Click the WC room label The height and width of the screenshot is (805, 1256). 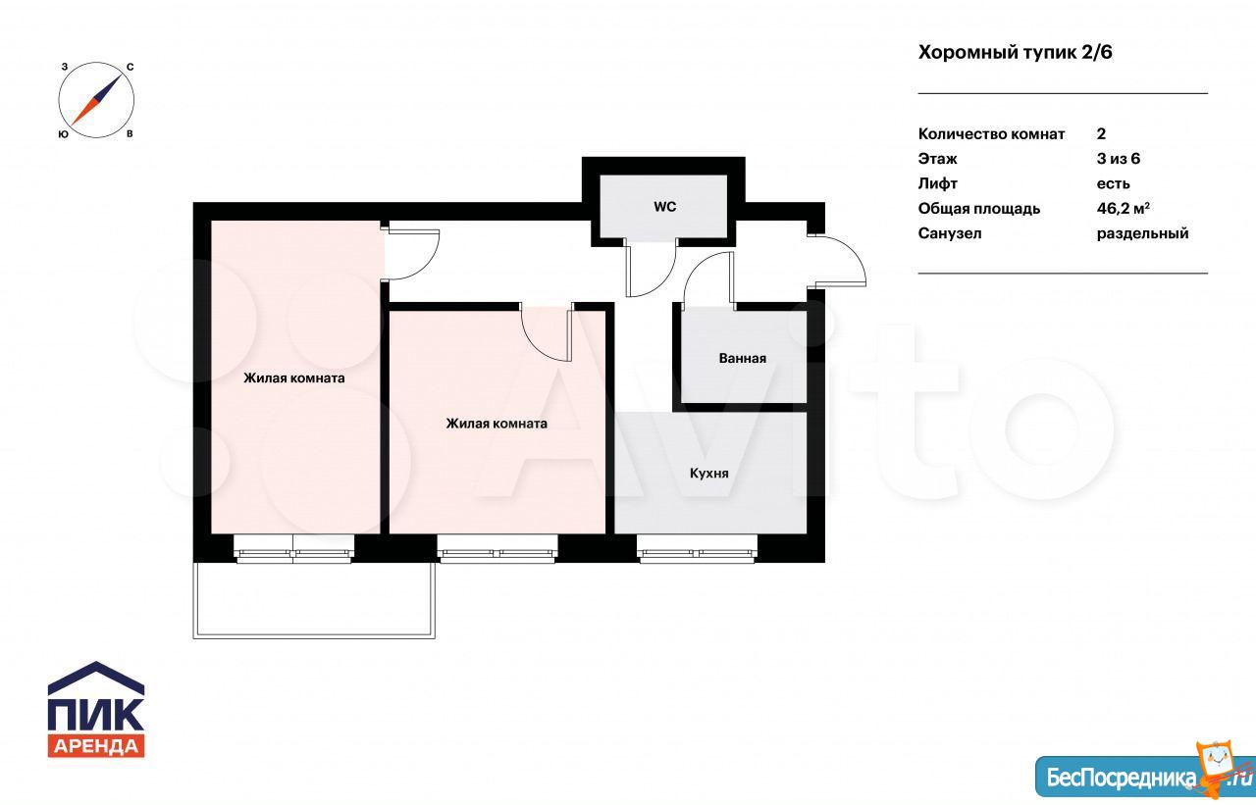click(664, 207)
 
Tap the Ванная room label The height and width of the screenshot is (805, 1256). click(743, 358)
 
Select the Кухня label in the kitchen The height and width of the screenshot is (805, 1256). click(708, 474)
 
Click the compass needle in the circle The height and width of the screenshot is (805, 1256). click(96, 100)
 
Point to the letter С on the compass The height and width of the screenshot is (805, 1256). click(131, 68)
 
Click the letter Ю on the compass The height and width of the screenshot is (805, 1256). click(64, 134)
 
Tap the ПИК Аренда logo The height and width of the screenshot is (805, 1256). click(96, 709)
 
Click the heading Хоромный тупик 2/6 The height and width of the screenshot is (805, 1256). click(1015, 53)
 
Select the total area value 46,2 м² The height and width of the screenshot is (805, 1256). click(1124, 209)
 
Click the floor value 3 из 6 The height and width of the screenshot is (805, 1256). click(1119, 159)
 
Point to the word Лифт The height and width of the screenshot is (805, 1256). click(937, 183)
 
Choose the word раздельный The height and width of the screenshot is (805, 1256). click(1143, 233)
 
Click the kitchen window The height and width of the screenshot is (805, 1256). click(697, 549)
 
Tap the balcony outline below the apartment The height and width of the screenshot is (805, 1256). click(314, 637)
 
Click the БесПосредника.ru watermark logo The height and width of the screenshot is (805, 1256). click(1145, 776)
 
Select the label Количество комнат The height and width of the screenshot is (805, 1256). click(991, 134)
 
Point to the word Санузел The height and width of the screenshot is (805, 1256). click(950, 233)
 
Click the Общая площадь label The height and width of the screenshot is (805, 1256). click(979, 209)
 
